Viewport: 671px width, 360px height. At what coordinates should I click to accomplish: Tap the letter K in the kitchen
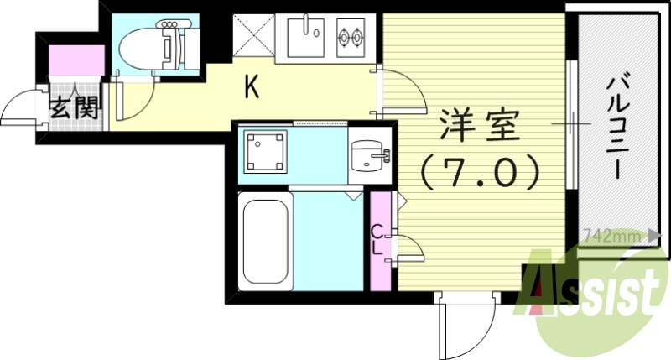[251, 86]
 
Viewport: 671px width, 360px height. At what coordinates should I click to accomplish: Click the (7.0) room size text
[480, 174]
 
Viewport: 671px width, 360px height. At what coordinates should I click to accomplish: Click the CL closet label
[378, 240]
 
